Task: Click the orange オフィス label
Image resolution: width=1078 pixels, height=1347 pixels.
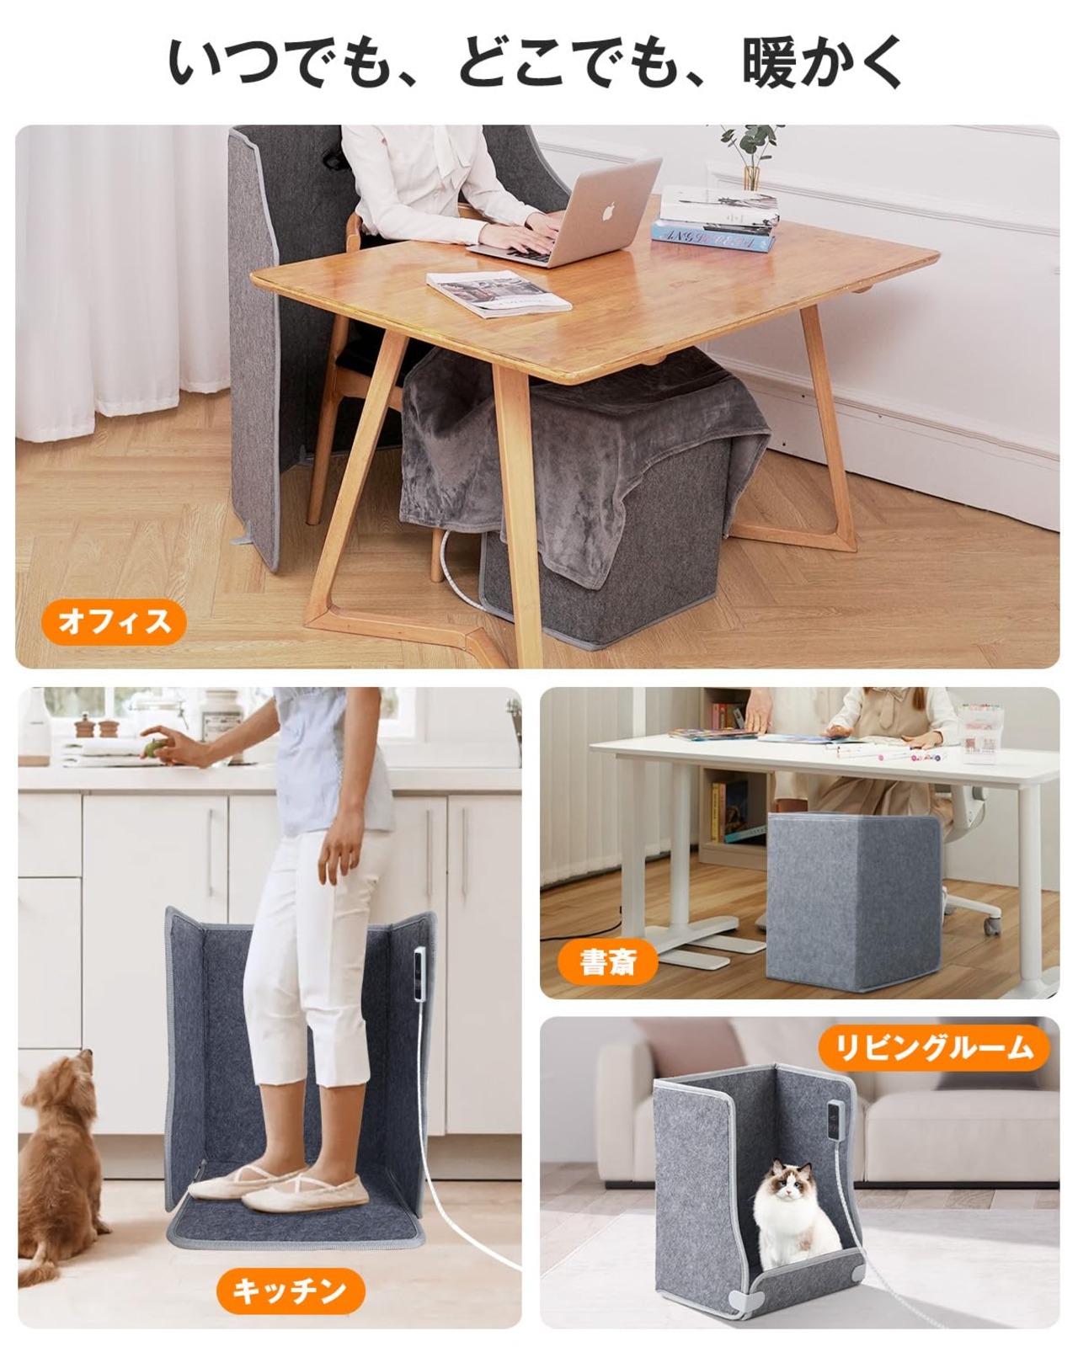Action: pyautogui.click(x=114, y=622)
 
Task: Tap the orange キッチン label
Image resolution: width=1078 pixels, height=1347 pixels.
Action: pyautogui.click(x=290, y=1291)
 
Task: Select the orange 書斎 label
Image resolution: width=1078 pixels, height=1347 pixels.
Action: pyautogui.click(x=608, y=962)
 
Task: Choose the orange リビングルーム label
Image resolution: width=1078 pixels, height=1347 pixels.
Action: pyautogui.click(x=934, y=1048)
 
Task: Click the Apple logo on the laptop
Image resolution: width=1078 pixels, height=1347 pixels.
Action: pyautogui.click(x=606, y=211)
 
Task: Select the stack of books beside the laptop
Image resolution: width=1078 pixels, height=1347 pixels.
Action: pyautogui.click(x=716, y=218)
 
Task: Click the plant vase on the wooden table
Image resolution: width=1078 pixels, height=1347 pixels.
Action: pyautogui.click(x=752, y=177)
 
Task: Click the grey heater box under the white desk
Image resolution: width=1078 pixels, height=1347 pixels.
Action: pyautogui.click(x=854, y=902)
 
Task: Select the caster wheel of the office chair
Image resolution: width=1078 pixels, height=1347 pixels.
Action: pyautogui.click(x=991, y=924)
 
